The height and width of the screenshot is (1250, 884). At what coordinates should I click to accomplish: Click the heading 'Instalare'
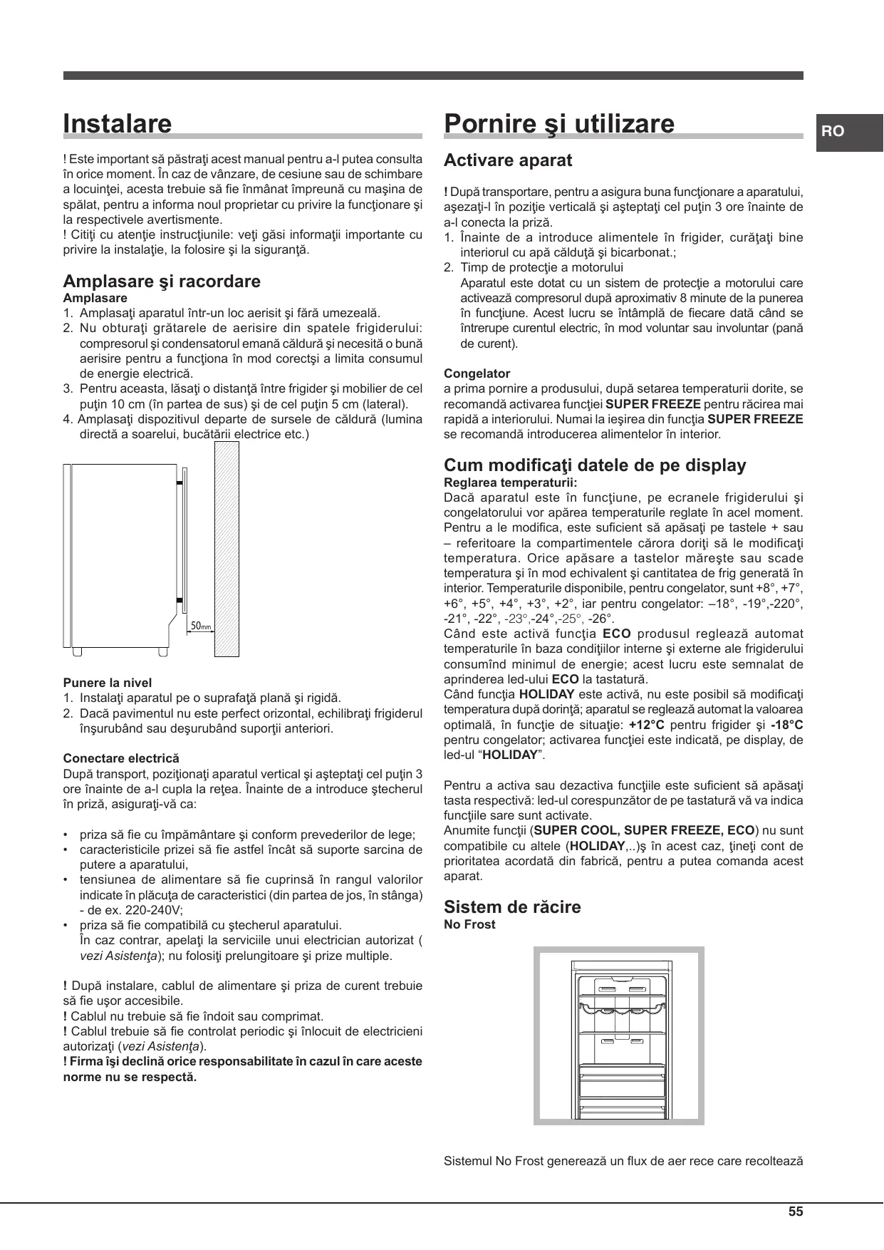point(118,124)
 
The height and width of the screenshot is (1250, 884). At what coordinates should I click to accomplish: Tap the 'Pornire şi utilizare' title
point(558,124)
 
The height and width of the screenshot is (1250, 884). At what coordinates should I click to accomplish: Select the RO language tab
point(833,131)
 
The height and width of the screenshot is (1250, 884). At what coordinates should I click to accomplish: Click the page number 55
point(796,1212)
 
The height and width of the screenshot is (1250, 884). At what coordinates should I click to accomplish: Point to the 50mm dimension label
point(201,626)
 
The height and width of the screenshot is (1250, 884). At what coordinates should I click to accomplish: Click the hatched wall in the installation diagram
point(227,548)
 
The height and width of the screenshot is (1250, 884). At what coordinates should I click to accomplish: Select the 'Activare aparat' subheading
point(507,160)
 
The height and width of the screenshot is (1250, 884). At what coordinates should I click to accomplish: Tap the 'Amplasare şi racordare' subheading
point(162,281)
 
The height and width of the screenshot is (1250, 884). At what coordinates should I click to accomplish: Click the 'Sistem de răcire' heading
point(511,906)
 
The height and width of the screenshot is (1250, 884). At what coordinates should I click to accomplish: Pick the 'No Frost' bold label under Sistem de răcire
point(469,924)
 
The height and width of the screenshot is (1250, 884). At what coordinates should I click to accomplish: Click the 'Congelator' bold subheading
point(477,373)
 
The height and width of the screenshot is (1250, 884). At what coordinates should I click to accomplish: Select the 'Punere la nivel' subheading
point(107,683)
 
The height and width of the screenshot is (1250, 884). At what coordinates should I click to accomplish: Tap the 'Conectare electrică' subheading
point(121,758)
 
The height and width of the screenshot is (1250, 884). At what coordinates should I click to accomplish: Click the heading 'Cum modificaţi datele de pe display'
point(595,465)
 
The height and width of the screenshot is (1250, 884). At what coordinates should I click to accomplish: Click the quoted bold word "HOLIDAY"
point(509,755)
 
